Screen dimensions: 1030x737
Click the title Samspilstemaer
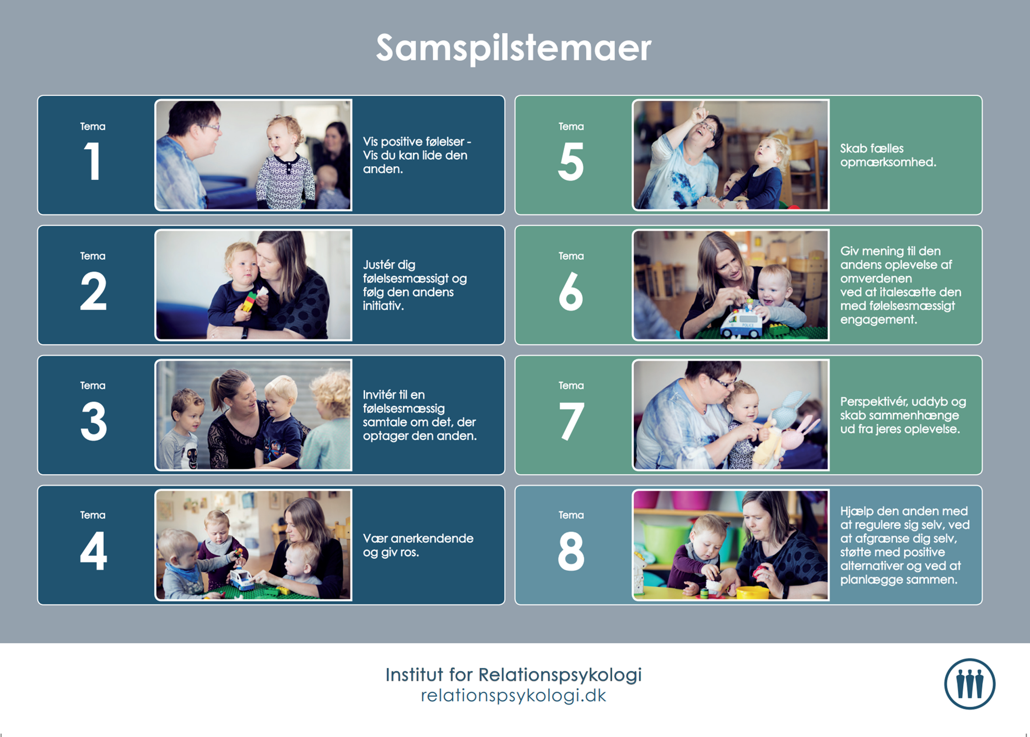click(513, 48)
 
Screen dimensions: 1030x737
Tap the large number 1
click(93, 161)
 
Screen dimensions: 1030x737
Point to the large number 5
click(571, 161)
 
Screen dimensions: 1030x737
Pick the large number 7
click(571, 421)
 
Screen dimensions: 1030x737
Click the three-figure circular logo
click(969, 683)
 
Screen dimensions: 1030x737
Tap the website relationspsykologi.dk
click(513, 695)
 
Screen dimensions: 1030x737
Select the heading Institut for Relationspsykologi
click(513, 675)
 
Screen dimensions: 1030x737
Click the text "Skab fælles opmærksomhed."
click(888, 155)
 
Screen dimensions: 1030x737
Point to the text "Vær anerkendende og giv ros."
click(418, 545)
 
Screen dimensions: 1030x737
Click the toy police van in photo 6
click(741, 321)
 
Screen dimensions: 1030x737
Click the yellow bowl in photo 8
click(752, 592)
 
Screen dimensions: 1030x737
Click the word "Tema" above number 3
click(93, 386)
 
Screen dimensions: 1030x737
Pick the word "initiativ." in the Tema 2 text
click(383, 306)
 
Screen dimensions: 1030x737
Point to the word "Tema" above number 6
click(571, 256)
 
